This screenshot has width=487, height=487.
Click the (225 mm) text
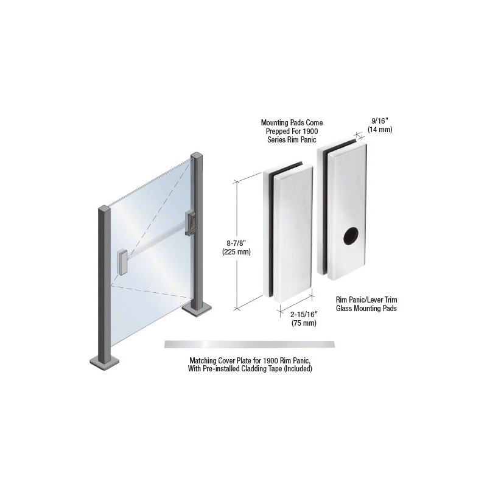tap(236, 251)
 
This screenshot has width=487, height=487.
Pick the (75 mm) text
tap(304, 323)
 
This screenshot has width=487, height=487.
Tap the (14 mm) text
tap(379, 130)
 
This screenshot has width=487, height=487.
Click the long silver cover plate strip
tap(250, 344)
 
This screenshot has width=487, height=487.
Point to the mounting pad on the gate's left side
tap(122, 263)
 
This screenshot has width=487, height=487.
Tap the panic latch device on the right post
tap(191, 223)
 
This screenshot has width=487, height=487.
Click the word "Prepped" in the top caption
tap(277, 131)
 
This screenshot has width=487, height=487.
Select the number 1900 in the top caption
tap(312, 131)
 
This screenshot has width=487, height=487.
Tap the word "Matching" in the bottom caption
tap(203, 361)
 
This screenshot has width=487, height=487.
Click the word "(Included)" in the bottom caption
tap(299, 369)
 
